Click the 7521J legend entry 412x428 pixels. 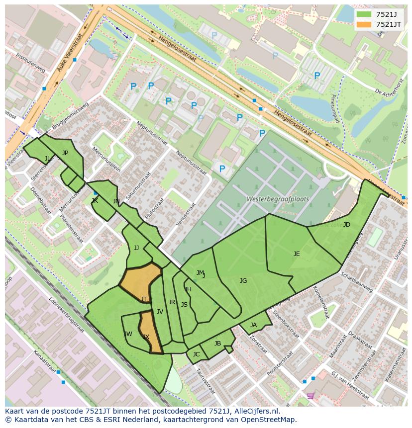[378, 14]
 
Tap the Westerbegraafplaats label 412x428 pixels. [277, 199]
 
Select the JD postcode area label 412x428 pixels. [346, 225]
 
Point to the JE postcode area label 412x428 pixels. [297, 254]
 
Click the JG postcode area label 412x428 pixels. [243, 281]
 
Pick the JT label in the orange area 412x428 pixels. [144, 299]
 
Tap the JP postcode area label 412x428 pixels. [65, 153]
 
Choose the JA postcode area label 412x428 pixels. [253, 325]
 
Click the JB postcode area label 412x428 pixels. [217, 343]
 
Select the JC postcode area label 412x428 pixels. [196, 354]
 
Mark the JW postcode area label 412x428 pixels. [128, 334]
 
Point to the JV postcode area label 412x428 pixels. [160, 312]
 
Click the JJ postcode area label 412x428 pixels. [136, 248]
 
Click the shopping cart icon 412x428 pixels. [310, 396]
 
